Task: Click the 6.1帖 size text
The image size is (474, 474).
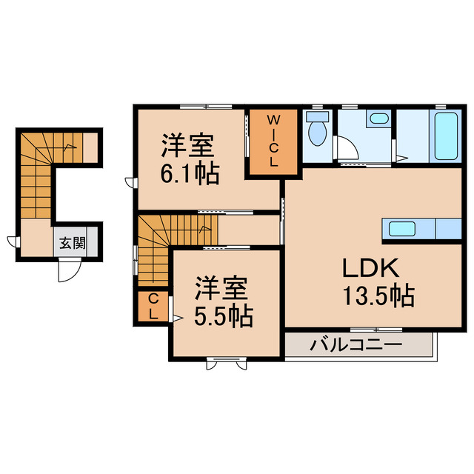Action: click(190, 174)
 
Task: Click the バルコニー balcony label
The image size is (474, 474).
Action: click(355, 344)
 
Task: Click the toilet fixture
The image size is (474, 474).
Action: click(318, 132)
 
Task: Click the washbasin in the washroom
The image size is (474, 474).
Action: click(379, 118)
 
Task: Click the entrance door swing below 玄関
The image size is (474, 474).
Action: click(67, 271)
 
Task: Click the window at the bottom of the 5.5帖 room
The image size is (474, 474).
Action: click(224, 362)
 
